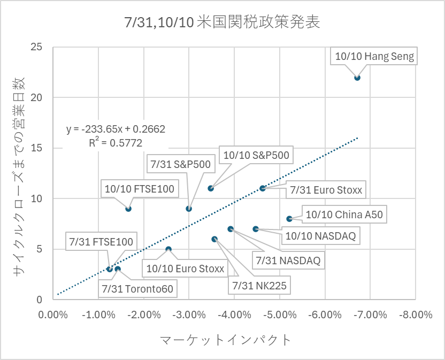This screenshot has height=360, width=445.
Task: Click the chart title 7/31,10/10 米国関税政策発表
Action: pos(222,22)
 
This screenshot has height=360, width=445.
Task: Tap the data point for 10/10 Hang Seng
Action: pos(357,78)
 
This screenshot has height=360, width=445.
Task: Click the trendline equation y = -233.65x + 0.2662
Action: pos(116,129)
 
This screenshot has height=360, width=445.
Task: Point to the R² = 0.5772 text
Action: pos(116,142)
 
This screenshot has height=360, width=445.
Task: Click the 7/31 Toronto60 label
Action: pos(137,289)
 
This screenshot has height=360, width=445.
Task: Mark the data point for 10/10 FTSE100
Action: pos(128,209)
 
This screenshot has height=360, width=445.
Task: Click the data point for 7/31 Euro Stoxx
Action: pos(263,188)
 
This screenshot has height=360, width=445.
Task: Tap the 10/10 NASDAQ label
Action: pos(320,235)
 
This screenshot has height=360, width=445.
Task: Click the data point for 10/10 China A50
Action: pos(289,219)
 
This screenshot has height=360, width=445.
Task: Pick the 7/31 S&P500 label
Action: pos(181,164)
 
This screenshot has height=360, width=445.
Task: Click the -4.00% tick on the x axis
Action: pos(235,315)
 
